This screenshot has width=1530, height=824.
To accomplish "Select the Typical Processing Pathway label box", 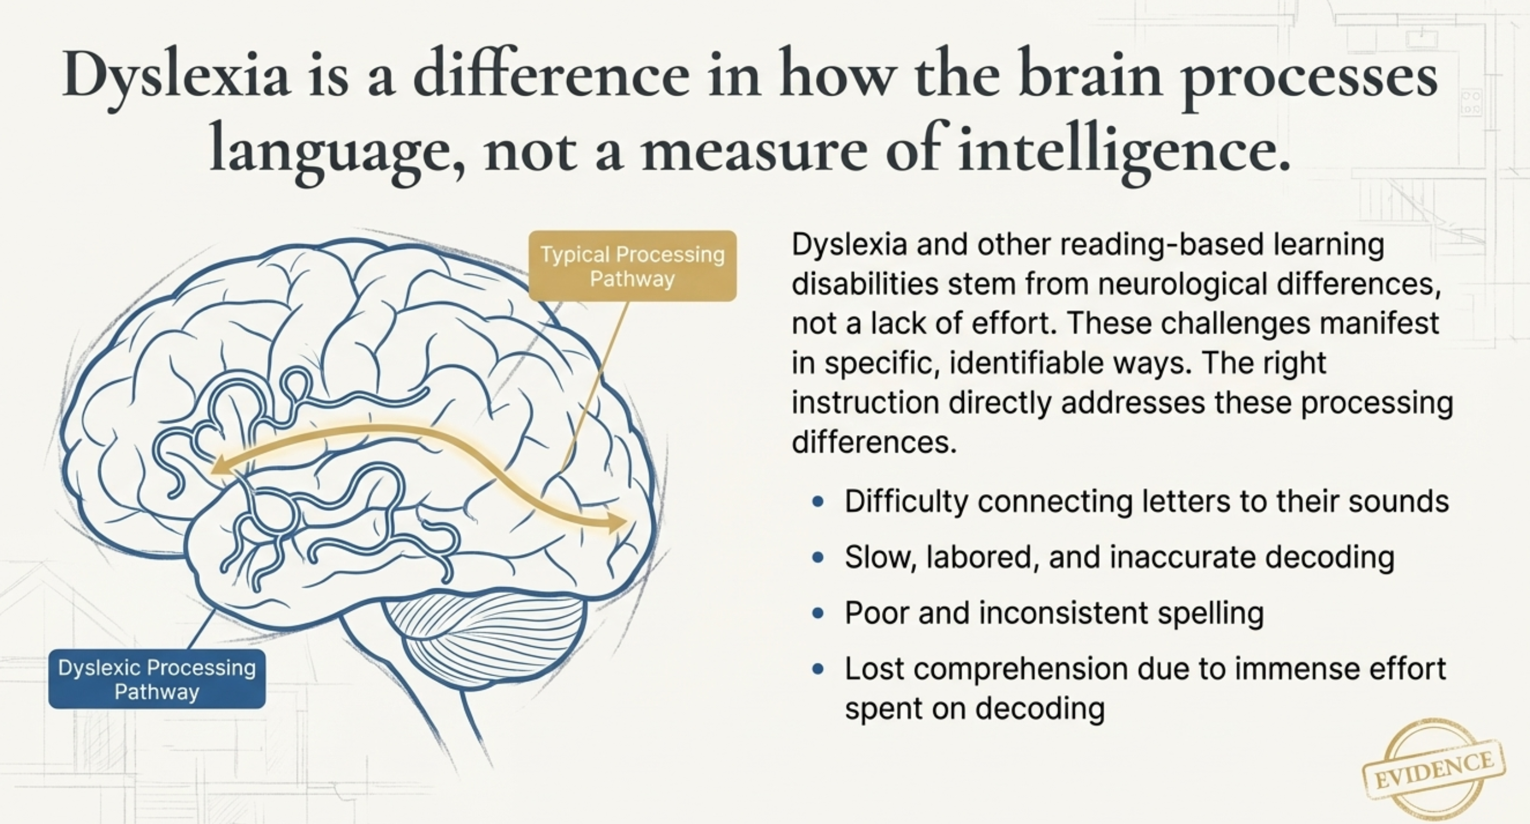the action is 632,266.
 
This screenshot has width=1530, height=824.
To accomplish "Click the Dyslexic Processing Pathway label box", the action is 157,679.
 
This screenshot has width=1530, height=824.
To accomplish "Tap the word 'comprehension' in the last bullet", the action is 1020,669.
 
